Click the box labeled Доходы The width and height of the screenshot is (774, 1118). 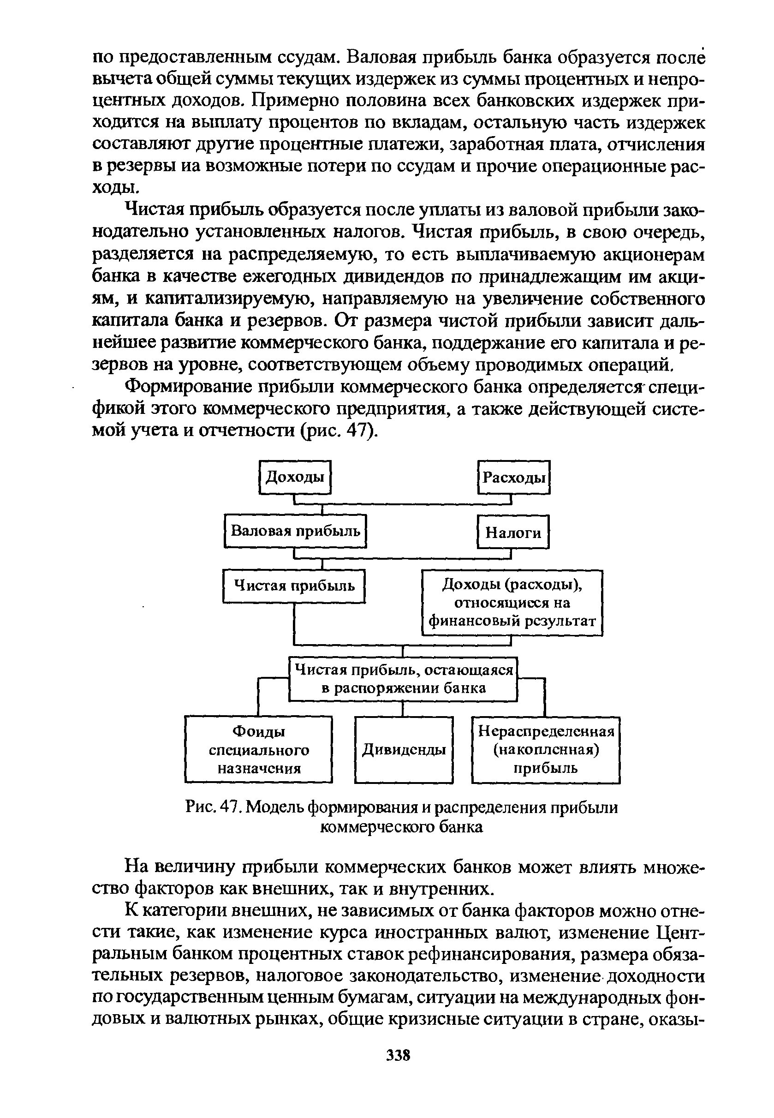[x=295, y=477]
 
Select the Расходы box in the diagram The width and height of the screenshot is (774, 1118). [x=514, y=478]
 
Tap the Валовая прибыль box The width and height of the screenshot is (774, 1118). [x=295, y=531]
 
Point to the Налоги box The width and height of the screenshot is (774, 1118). [x=513, y=532]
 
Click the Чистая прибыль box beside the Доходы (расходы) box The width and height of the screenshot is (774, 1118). [x=294, y=586]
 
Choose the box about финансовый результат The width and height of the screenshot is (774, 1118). [x=512, y=603]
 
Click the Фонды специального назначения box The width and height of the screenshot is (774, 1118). [x=258, y=749]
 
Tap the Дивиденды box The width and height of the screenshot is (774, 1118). [x=404, y=750]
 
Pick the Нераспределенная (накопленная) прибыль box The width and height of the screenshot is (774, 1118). [x=546, y=750]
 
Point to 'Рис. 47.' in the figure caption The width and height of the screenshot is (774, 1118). [x=214, y=807]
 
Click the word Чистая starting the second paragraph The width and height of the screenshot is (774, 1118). [x=154, y=210]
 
